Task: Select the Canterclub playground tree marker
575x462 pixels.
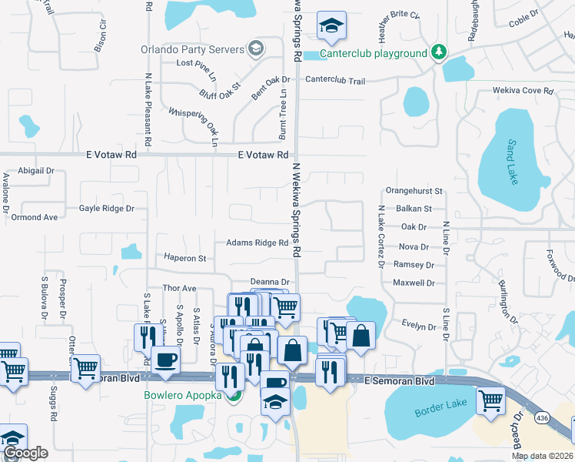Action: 439,52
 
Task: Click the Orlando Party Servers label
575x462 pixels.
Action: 191,49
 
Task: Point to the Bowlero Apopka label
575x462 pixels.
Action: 182,396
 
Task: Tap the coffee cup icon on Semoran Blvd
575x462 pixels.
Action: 166,360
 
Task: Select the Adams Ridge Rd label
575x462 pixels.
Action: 257,243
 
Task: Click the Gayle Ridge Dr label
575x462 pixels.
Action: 106,208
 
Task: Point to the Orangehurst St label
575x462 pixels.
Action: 414,190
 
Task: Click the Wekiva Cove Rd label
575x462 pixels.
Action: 523,91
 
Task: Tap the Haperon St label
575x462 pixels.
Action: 185,258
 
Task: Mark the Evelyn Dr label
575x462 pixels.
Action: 419,326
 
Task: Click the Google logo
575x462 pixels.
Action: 26,453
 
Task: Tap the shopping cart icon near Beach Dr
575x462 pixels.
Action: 490,400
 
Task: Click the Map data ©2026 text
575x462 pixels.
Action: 542,456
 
